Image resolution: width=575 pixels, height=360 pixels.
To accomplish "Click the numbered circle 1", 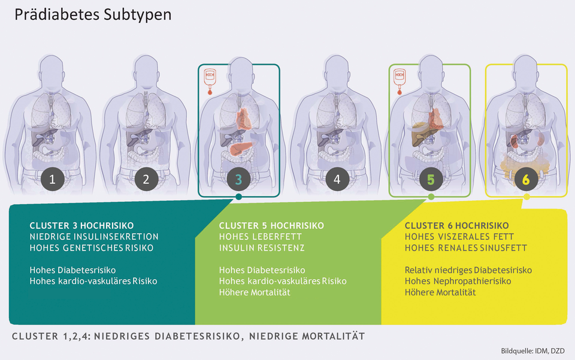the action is [52, 179].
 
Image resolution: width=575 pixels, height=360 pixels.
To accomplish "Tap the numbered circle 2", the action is [146, 179].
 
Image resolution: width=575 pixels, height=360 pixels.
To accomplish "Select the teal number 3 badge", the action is [239, 179].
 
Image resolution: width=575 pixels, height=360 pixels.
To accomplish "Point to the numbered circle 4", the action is [337, 179].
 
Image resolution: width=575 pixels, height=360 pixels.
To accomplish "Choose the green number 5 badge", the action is [431, 179].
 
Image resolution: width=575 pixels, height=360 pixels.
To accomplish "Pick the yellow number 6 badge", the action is [526, 179].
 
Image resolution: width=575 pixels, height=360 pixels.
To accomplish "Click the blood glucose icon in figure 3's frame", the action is [210, 81].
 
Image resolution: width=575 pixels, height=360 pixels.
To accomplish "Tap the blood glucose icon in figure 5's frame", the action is [400, 81].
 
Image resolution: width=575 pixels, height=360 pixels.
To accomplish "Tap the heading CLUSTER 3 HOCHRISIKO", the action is [82, 225].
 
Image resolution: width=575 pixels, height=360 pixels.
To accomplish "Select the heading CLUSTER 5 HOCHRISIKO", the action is [271, 225].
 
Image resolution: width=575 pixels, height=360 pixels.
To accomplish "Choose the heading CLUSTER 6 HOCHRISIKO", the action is [456, 225].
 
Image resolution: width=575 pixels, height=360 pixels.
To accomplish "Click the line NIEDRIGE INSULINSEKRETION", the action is [94, 237].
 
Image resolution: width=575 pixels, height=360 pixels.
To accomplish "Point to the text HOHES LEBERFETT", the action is [261, 237].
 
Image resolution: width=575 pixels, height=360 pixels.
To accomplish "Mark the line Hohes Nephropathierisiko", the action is [458, 281].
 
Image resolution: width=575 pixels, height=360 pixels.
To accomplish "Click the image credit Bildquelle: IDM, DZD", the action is [533, 351].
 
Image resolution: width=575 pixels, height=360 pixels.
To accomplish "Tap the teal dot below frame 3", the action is [239, 197].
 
